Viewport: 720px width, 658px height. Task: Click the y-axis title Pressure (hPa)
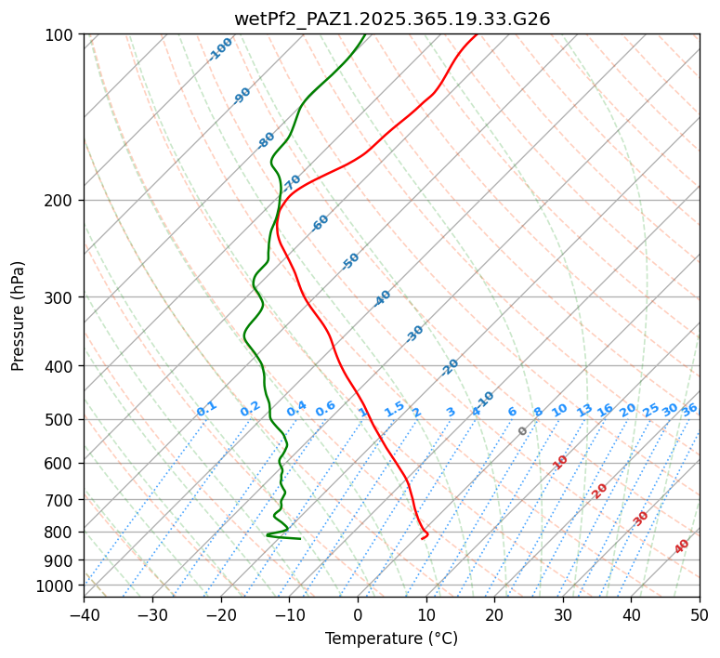19,315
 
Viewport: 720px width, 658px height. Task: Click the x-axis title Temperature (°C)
391,638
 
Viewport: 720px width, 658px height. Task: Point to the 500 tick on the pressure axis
59,420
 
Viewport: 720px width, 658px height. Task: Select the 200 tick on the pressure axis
59,201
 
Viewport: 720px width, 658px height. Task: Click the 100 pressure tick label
59,35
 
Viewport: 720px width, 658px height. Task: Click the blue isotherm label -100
220,48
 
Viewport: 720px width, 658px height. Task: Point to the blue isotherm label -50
350,261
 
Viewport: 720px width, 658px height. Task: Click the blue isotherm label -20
450,367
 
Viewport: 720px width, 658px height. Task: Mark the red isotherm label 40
682,546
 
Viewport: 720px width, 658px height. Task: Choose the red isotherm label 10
560,462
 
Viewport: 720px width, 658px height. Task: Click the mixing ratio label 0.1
206,409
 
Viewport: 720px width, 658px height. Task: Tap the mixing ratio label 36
689,409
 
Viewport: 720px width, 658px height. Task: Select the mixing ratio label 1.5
394,409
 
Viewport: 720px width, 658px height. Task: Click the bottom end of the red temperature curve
422,538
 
